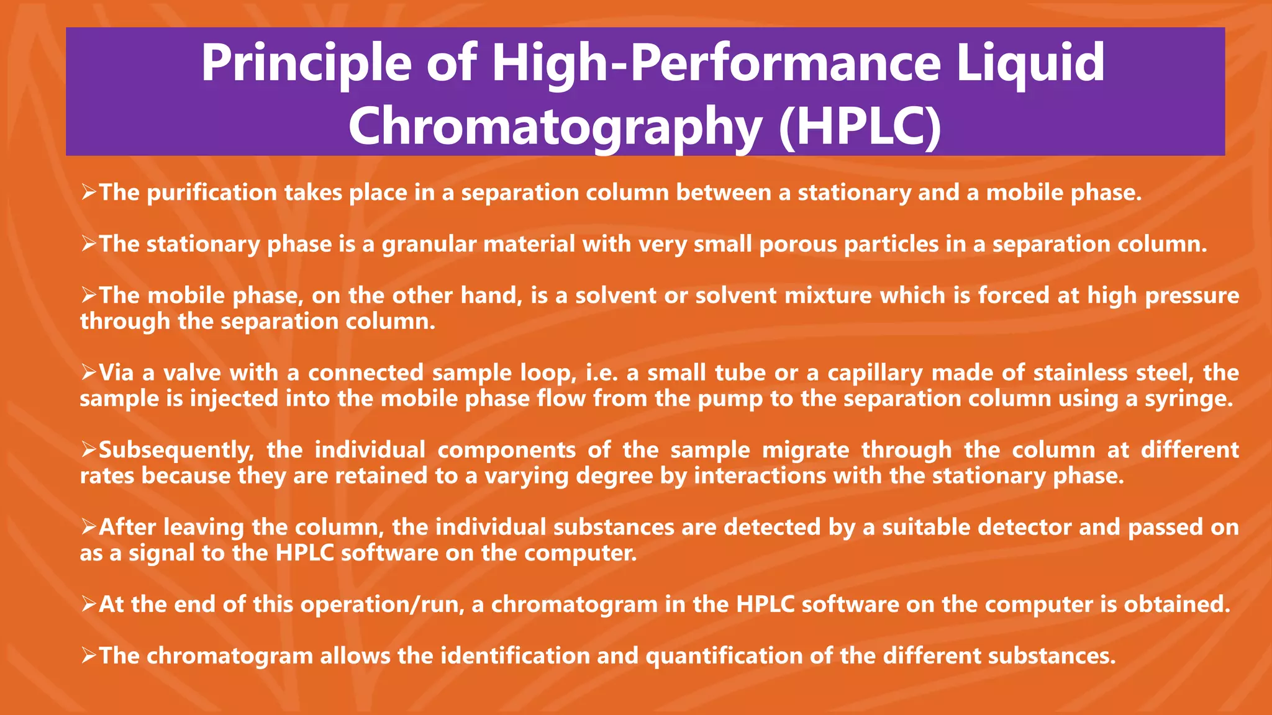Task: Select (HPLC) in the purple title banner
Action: click(860, 126)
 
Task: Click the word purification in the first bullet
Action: click(212, 193)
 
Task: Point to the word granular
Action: click(429, 245)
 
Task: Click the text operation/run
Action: click(383, 605)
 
